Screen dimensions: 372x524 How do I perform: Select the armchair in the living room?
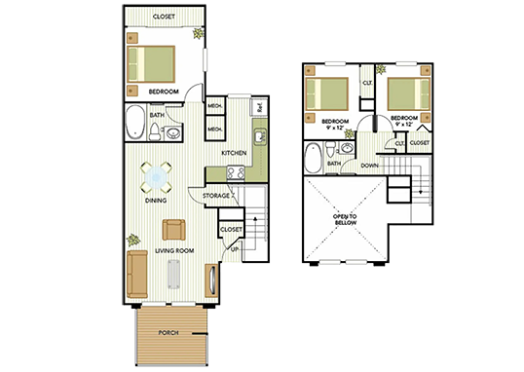click(174, 230)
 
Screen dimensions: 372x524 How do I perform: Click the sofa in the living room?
click(137, 274)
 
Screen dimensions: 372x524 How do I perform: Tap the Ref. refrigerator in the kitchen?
click(260, 107)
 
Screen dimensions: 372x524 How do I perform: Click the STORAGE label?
click(216, 197)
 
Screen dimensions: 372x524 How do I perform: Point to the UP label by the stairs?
click(235, 250)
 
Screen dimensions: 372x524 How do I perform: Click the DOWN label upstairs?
click(371, 166)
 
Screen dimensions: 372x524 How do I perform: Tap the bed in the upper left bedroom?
click(327, 94)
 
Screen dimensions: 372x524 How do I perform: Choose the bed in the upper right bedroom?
click(406, 94)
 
